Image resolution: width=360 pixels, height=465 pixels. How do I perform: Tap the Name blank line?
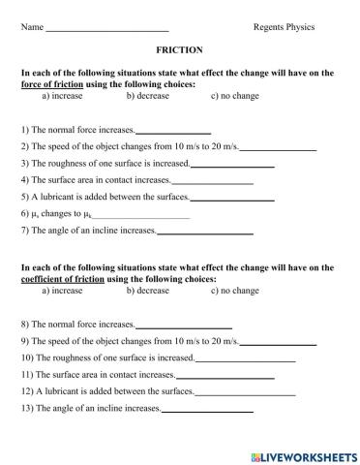(107, 28)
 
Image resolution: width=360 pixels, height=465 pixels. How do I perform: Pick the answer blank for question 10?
(245, 358)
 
